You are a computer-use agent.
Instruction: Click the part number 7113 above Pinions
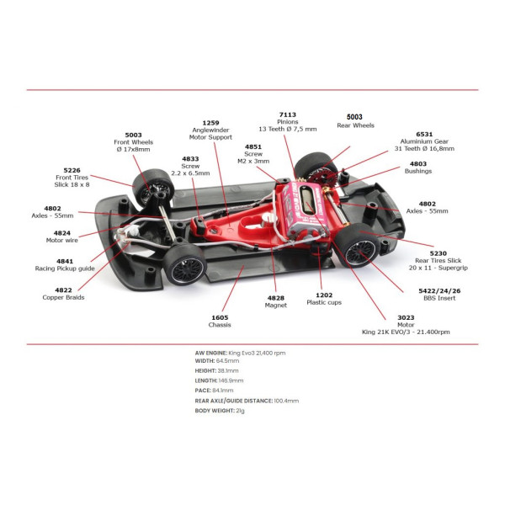pos(287,114)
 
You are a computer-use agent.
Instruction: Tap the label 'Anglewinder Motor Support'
pos(210,134)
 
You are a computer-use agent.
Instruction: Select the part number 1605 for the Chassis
pos(220,317)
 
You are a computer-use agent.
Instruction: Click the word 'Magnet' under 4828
pos(276,306)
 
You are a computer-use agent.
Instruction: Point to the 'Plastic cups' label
pos(324,302)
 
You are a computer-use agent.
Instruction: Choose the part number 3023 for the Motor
pos(406,317)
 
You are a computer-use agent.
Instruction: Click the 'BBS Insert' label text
pos(439,298)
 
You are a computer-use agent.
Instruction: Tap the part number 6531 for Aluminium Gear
pos(424,135)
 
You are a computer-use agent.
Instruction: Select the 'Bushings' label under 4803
pos(418,172)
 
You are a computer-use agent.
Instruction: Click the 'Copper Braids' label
pos(63,298)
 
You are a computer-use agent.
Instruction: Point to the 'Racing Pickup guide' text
pos(65,268)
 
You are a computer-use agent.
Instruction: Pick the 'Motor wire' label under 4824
pos(61,240)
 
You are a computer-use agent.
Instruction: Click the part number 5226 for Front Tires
pos(72,170)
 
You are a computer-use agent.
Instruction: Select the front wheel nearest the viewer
pos(184,265)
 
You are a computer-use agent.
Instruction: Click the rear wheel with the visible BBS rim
pos(357,245)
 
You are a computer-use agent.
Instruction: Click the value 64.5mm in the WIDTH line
pos(228,361)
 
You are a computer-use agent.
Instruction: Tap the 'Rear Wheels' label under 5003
pos(355,125)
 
